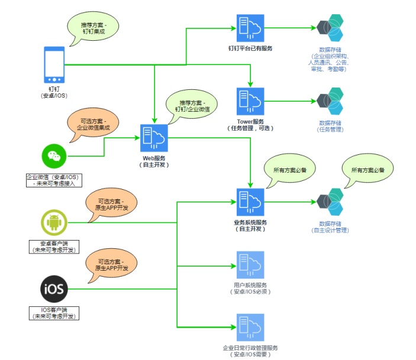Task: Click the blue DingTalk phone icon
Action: coord(54,65)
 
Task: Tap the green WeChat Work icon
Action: coord(54,155)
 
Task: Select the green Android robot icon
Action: coord(54,223)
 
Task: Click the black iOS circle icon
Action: coord(54,289)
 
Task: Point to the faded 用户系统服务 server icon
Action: coord(250,265)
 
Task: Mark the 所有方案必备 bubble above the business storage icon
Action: coord(367,170)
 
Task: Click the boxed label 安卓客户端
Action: coord(53,247)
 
